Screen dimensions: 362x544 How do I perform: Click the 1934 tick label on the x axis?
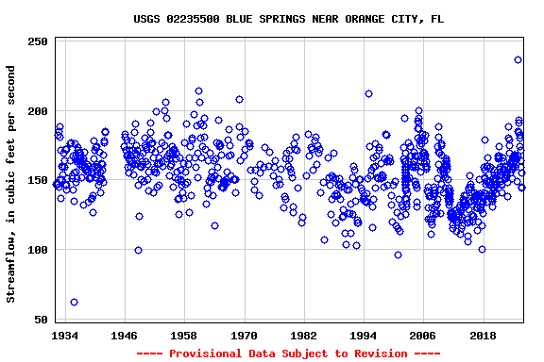(65, 335)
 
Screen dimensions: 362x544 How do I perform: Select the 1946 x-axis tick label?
(125, 335)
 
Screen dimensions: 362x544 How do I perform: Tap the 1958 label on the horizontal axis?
(184, 335)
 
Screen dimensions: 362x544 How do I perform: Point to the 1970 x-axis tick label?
(245, 335)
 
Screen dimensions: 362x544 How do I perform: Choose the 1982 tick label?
(304, 335)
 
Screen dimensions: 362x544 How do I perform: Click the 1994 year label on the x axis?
(364, 335)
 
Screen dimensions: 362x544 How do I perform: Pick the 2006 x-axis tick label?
(423, 335)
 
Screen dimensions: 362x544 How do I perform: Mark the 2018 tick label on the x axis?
(483, 335)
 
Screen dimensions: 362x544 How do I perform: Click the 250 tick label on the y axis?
(39, 41)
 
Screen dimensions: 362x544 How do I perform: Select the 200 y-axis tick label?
(39, 111)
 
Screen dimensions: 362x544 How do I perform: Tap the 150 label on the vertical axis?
(39, 181)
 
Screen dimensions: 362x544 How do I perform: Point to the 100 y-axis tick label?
(39, 251)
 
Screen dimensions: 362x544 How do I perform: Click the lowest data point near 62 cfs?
(74, 302)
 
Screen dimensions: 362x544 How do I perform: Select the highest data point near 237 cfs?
(518, 59)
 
